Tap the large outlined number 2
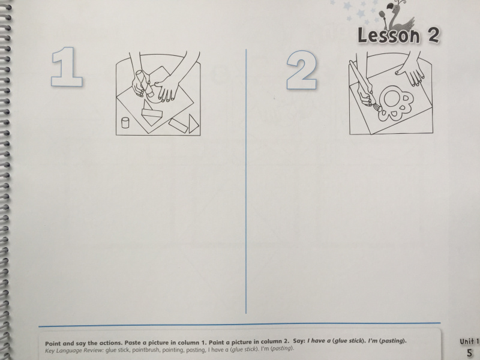click(x=302, y=70)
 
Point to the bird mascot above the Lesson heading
click(x=395, y=16)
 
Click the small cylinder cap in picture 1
click(x=125, y=122)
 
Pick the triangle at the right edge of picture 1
click(x=193, y=124)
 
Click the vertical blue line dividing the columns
click(x=246, y=181)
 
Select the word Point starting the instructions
click(x=53, y=343)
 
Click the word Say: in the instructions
click(x=299, y=341)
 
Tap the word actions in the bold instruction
click(x=111, y=343)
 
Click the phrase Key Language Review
click(x=74, y=350)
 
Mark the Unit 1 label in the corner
click(x=469, y=341)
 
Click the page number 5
click(x=469, y=353)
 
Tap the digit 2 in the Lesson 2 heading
click(x=433, y=35)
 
